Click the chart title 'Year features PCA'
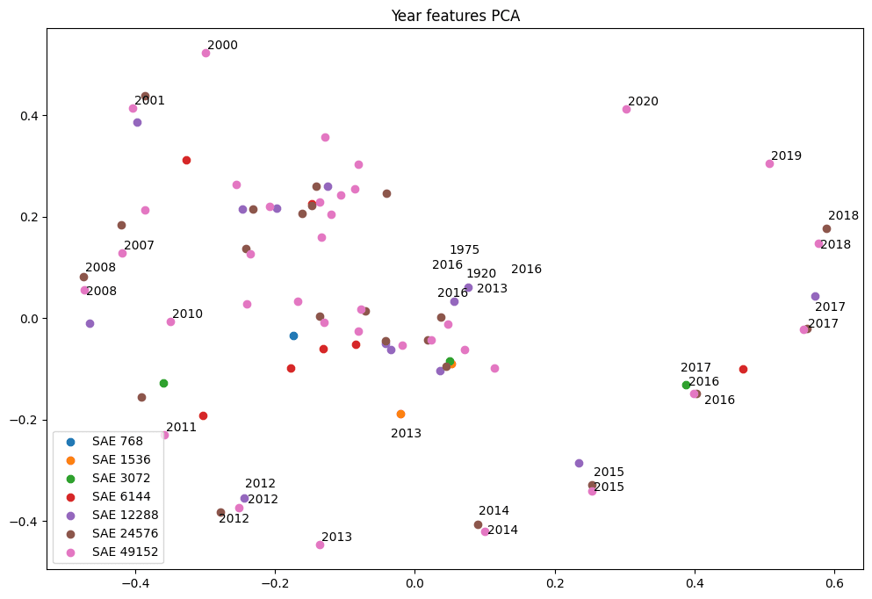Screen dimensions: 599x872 point(455,16)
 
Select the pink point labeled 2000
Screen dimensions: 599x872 point(205,53)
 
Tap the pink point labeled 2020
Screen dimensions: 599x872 point(626,109)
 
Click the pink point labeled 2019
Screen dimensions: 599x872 point(769,163)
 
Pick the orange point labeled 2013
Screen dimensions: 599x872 point(400,414)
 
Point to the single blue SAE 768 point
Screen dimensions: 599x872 point(293,336)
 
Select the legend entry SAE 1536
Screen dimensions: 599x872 point(121,459)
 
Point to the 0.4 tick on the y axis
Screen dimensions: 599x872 point(27,116)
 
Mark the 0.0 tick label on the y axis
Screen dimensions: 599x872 point(27,319)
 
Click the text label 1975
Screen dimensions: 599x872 point(465,250)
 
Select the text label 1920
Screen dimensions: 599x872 point(481,274)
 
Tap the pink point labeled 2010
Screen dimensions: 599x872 point(170,321)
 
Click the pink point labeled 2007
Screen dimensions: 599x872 point(122,253)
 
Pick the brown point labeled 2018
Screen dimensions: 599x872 point(826,228)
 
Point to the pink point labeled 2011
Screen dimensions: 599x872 point(164,435)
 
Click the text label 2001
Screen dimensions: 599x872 point(149,101)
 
